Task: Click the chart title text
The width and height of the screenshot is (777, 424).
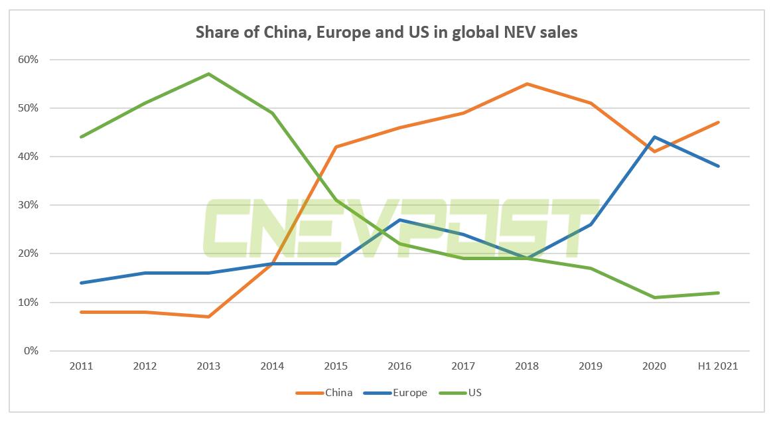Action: (386, 33)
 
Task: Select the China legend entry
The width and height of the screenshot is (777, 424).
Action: (338, 393)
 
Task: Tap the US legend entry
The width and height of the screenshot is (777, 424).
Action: (474, 393)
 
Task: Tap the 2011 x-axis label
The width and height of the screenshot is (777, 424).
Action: (81, 366)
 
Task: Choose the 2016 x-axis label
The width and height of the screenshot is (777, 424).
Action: (399, 366)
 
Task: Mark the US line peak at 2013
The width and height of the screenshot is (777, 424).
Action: (208, 74)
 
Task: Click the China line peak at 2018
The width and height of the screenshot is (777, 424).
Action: (527, 84)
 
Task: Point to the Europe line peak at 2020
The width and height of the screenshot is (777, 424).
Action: (654, 137)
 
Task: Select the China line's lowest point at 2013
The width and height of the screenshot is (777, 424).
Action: (208, 317)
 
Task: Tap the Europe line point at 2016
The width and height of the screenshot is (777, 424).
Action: (399, 220)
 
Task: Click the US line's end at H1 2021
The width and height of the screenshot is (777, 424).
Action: (718, 293)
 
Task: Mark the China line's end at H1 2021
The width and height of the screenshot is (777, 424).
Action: (718, 122)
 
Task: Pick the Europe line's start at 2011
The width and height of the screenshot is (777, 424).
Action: (81, 283)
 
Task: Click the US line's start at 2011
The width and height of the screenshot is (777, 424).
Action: (81, 137)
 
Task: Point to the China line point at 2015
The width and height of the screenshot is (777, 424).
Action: (336, 147)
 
